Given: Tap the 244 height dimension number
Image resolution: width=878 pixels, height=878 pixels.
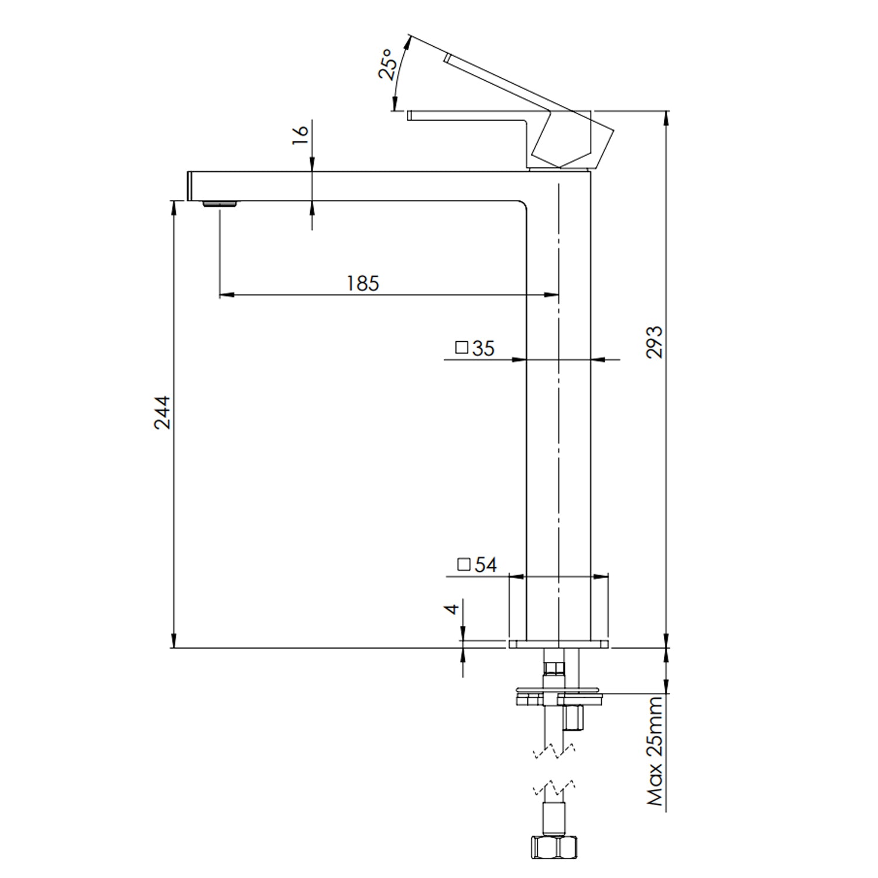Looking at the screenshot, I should click(162, 413).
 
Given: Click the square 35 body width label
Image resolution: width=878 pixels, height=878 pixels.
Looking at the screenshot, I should click(475, 348).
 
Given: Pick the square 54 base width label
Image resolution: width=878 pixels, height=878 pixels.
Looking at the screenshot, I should click(476, 565).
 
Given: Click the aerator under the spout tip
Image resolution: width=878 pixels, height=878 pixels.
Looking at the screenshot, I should click(220, 204).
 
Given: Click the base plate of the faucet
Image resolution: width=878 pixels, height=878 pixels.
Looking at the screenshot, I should click(558, 644).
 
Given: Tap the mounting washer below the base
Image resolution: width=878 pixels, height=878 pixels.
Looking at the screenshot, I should click(559, 697).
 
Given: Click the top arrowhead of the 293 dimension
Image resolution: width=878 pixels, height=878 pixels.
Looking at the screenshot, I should click(666, 118).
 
